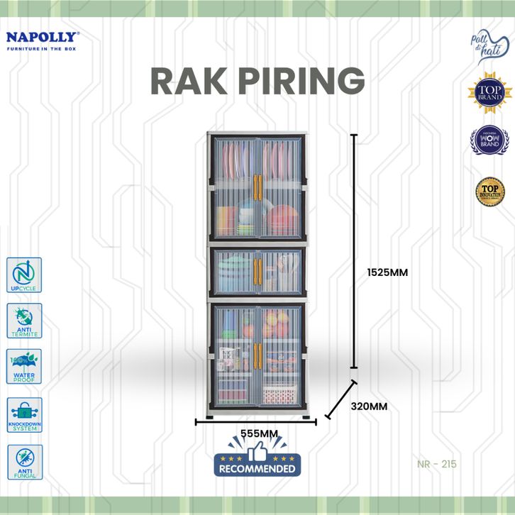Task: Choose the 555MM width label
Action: point(257,433)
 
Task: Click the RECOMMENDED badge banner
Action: point(257,468)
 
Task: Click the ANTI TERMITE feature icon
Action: point(24,321)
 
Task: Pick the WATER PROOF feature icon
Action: point(24,367)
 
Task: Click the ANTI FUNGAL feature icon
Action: point(24,462)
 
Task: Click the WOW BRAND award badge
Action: point(489,140)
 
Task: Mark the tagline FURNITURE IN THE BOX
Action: point(42,48)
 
